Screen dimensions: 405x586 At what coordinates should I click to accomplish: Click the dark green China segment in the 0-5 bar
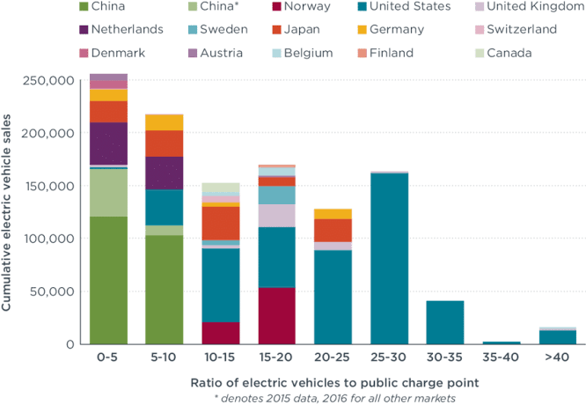tap(108, 280)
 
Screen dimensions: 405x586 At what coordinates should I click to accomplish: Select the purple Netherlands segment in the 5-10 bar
tap(164, 173)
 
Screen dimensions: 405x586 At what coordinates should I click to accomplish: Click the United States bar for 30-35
tap(444, 321)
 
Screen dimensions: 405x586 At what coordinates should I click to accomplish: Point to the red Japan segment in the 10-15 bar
tap(220, 223)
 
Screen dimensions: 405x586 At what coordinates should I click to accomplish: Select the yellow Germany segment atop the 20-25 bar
tap(333, 214)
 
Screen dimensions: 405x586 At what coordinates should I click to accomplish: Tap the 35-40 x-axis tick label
tap(501, 358)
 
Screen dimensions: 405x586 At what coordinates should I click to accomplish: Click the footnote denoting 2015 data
tap(333, 398)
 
